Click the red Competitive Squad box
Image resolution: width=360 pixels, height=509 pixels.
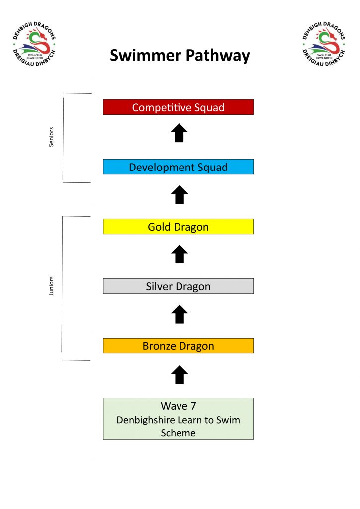point(178,107)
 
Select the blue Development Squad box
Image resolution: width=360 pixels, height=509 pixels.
point(178,167)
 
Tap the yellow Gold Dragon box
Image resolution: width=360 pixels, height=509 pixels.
point(178,227)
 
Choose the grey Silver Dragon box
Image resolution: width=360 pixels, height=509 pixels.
point(178,286)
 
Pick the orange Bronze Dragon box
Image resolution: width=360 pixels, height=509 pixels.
point(178,346)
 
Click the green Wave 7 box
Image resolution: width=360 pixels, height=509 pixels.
point(178,419)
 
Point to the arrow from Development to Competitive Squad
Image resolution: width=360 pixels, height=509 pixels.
point(179,133)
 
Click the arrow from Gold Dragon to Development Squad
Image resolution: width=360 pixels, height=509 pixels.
point(180,195)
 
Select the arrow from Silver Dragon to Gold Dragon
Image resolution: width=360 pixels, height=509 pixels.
point(180,254)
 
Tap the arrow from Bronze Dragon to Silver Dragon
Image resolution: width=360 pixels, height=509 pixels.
point(180,314)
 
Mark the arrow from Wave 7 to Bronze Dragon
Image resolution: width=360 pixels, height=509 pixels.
point(180,375)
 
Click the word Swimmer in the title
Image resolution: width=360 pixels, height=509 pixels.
point(145,55)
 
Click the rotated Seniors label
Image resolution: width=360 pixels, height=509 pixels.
point(51,137)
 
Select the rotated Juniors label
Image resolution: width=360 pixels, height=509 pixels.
point(51,286)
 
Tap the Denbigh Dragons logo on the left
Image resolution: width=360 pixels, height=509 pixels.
point(34,44)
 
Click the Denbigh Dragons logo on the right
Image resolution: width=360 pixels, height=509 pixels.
point(324,44)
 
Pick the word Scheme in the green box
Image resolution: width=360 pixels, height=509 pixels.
point(178,433)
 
